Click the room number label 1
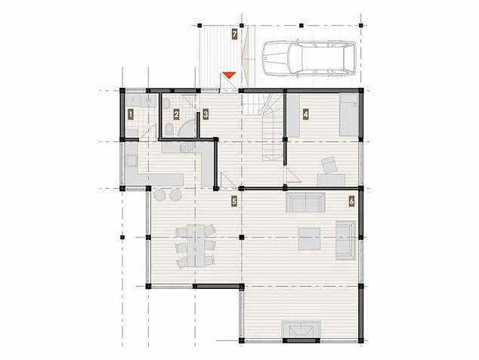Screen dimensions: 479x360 tap(131, 115)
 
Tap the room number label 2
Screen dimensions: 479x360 tap(176, 115)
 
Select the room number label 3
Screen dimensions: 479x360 tap(206, 114)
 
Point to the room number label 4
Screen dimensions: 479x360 tap(305, 115)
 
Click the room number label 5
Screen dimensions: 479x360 tap(234, 201)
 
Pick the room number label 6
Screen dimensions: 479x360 tap(351, 201)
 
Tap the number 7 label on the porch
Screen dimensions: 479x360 tap(234, 34)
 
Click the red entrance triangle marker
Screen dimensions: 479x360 tap(229, 75)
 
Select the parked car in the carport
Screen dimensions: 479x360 tap(309, 58)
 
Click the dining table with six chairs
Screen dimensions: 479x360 tap(196, 246)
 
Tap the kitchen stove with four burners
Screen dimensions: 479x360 tap(187, 147)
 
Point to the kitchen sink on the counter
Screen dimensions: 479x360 tap(131, 161)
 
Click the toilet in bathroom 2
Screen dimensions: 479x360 tap(168, 129)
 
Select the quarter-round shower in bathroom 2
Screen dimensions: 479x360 tap(187, 128)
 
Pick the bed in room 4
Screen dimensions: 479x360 tap(349, 115)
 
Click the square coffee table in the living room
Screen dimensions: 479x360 tap(310, 238)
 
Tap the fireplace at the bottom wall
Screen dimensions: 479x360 tap(301, 331)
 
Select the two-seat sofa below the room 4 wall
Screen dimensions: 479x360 tap(305, 202)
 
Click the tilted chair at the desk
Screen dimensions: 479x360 tap(329, 165)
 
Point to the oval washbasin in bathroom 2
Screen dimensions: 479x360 tap(167, 105)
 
